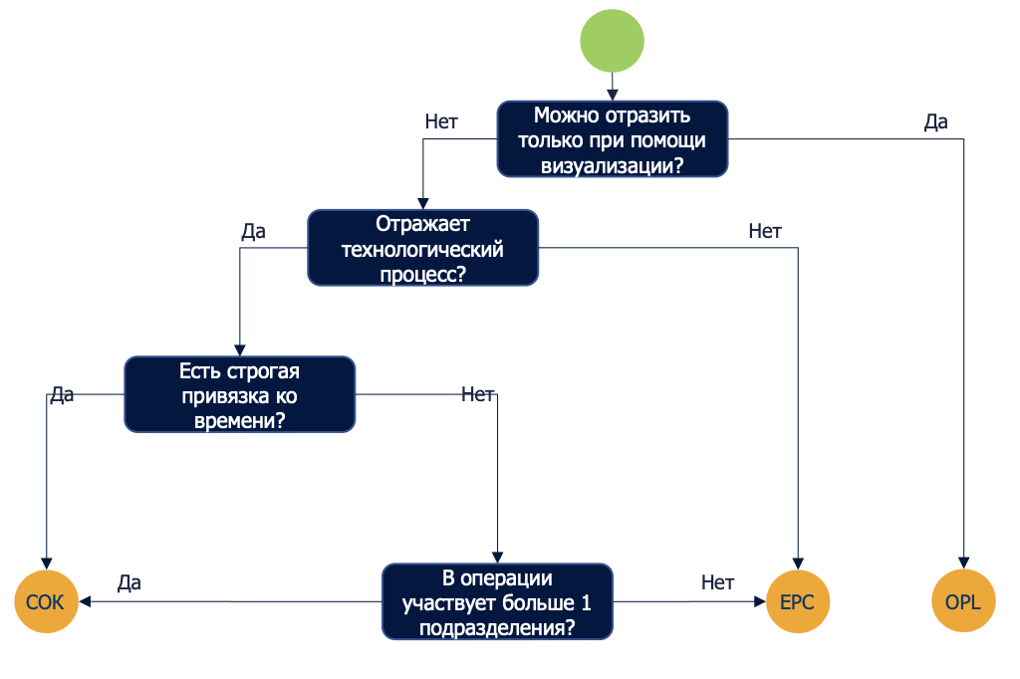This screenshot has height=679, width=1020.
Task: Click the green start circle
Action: tap(613, 41)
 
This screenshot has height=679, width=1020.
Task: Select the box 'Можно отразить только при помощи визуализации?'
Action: tap(613, 140)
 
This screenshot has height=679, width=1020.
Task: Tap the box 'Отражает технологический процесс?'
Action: tap(422, 249)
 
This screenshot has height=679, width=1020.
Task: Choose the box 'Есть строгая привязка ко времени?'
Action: tap(239, 395)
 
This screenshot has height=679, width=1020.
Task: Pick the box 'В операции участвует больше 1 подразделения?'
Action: tap(497, 602)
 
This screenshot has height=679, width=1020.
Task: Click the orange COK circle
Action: tap(46, 602)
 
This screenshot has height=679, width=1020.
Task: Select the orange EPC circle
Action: tap(798, 602)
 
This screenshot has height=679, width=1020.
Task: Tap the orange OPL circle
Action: tap(963, 602)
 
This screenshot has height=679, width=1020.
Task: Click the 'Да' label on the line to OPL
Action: tap(935, 122)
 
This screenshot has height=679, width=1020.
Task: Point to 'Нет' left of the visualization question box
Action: tap(441, 122)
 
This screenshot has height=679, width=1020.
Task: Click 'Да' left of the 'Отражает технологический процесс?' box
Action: tap(253, 232)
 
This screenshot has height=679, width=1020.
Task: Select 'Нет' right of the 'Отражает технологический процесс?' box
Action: tap(765, 232)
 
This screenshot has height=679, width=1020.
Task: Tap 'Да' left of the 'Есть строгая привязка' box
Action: tap(62, 395)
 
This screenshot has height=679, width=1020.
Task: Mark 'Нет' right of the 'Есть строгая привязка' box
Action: tap(478, 394)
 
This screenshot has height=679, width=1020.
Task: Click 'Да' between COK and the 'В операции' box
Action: tap(129, 582)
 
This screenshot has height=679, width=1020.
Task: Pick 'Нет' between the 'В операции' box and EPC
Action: tap(717, 582)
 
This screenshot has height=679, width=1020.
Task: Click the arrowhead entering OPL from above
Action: tap(963, 564)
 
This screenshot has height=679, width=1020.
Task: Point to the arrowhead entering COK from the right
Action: tap(86, 602)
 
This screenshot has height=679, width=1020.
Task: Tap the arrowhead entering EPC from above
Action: tap(798, 564)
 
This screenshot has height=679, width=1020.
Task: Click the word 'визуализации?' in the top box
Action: tap(612, 165)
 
